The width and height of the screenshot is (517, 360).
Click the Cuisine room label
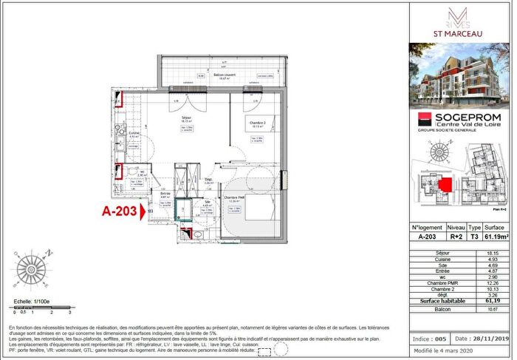134,135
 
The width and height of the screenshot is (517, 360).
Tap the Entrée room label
165,194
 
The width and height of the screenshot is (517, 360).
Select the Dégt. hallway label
209,180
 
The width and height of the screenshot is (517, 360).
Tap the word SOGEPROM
464,117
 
